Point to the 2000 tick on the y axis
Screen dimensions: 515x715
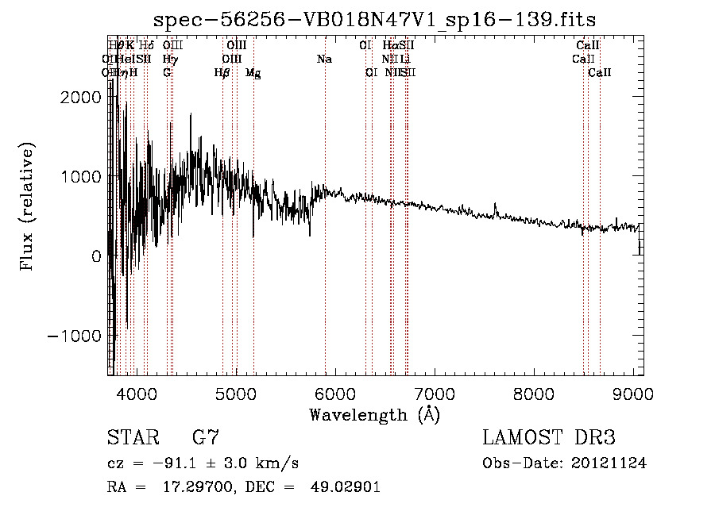[83, 97]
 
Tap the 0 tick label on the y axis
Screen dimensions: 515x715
[95, 256]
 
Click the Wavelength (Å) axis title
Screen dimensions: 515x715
[374, 414]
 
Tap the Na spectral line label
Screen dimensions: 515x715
[324, 60]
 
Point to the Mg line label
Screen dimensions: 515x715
[253, 73]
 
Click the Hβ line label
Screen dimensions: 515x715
[222, 73]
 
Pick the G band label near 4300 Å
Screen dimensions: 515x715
[167, 73]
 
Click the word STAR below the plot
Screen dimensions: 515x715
[132, 437]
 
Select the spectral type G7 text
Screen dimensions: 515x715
[206, 437]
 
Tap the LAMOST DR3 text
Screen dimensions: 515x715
[549, 437]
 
